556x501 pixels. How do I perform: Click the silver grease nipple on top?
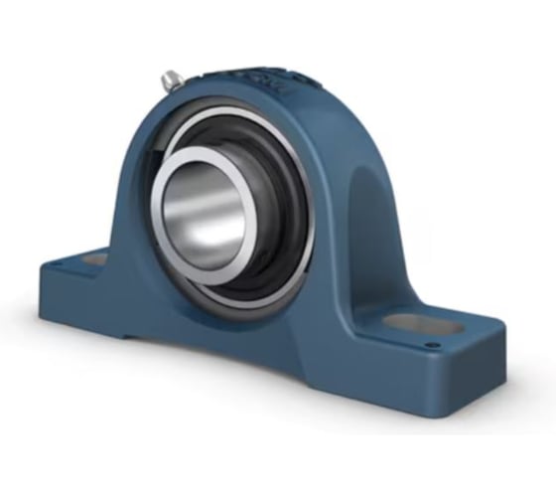click(170, 80)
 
